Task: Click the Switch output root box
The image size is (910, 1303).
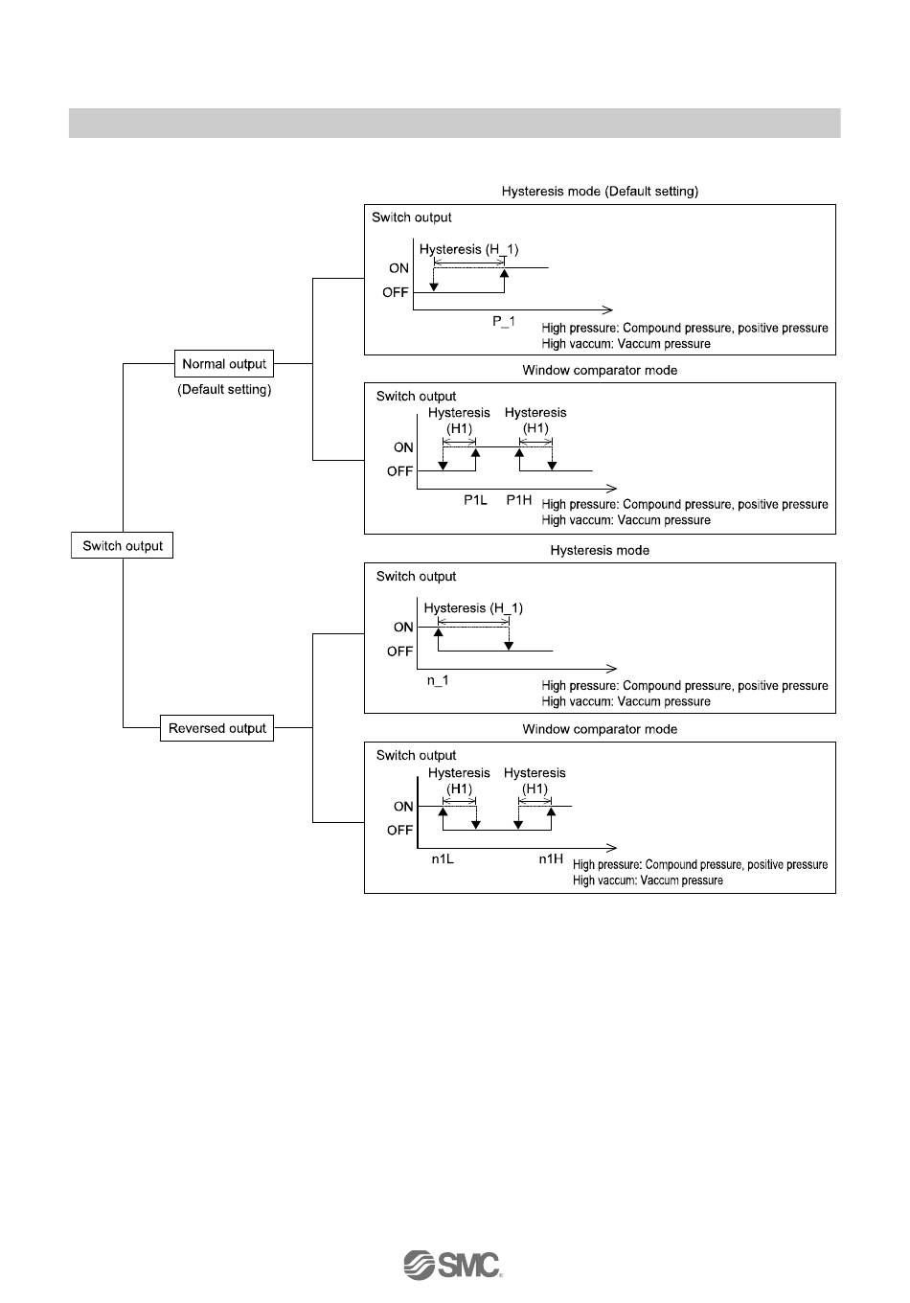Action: point(123,546)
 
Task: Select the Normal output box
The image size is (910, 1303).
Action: point(224,364)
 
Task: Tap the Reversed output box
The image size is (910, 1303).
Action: point(217,728)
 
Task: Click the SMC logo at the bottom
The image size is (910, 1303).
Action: point(453,1265)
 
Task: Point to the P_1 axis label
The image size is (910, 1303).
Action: point(504,322)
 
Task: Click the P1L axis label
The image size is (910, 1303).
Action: point(475,500)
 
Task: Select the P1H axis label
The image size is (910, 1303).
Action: point(518,500)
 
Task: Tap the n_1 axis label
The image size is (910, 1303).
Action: point(438,680)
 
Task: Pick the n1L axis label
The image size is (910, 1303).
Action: point(443,859)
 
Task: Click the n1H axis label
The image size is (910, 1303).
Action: point(551,859)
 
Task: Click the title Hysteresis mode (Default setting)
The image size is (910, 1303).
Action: point(600,192)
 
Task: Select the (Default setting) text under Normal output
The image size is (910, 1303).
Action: point(224,390)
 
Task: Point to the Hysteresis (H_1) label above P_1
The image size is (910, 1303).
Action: point(468,250)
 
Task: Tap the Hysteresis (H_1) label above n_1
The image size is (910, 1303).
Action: point(473,608)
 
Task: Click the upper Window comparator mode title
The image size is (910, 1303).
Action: point(600,370)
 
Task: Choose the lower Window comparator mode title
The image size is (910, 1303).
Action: point(600,729)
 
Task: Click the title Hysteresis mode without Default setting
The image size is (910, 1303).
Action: point(600,551)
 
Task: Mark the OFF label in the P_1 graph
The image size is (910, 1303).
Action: point(396,292)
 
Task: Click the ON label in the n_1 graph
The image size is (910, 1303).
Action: point(403,628)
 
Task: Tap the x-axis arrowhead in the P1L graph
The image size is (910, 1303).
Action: point(612,489)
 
